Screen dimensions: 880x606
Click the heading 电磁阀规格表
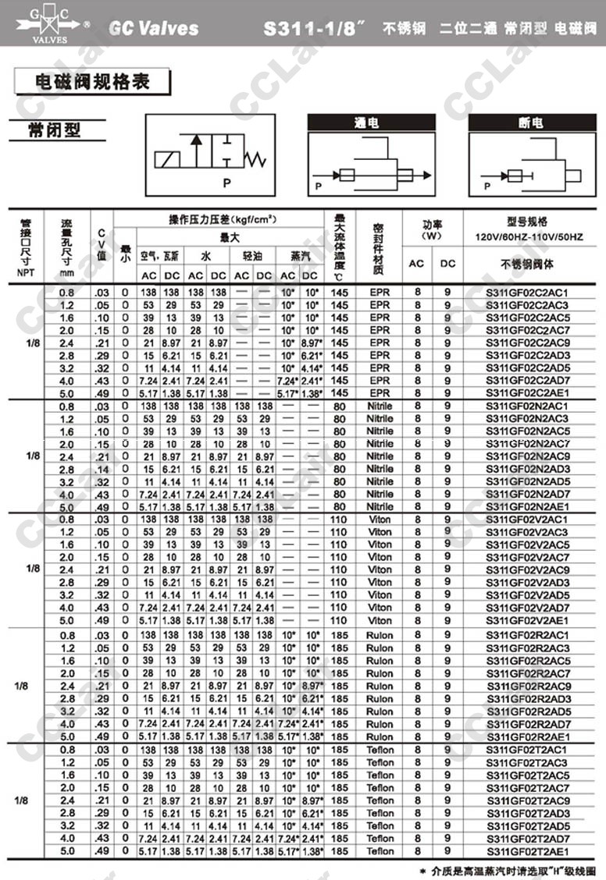[x=92, y=82]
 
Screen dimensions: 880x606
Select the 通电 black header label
[x=370, y=122]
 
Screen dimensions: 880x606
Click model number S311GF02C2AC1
[x=527, y=293]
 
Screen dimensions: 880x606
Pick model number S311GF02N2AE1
[x=527, y=507]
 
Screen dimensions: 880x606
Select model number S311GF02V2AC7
[x=527, y=558]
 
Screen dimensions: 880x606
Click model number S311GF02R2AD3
[x=527, y=698]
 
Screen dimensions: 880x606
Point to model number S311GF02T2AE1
[x=527, y=852]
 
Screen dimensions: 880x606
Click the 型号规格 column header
[x=527, y=222]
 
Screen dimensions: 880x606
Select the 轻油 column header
[x=253, y=256]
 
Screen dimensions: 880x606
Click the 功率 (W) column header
[x=432, y=229]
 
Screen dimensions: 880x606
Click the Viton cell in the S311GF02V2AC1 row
[x=380, y=520]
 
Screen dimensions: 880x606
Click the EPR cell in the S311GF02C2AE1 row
[x=380, y=393]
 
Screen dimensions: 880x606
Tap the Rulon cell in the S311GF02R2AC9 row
[x=380, y=686]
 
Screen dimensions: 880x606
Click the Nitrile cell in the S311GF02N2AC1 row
[x=380, y=406]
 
